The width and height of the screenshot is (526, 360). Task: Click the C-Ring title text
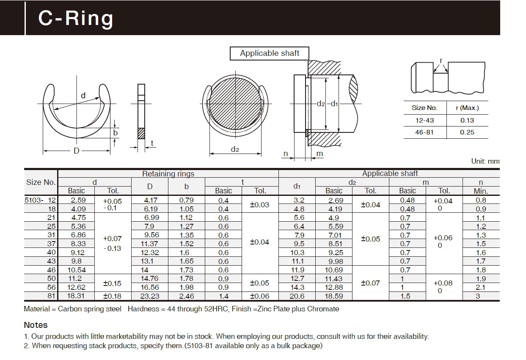76,18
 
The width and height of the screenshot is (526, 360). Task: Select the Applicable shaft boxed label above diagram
270,53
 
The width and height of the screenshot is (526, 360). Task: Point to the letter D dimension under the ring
77,151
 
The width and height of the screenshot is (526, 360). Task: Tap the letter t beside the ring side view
152,143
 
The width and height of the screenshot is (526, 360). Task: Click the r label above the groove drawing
441,60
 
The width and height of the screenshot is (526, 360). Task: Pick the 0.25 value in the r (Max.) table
467,132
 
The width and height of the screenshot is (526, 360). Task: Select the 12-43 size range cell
424,121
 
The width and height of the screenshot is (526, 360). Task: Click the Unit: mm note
485,161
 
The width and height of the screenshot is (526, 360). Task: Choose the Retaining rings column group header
168,173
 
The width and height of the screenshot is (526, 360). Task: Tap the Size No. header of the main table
41,182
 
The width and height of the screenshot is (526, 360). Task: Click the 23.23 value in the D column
150,296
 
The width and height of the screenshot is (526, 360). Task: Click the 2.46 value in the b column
186,296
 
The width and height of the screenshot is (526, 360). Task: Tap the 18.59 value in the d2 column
333,296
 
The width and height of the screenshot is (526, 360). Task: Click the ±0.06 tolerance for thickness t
259,296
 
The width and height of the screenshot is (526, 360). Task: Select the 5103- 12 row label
40,201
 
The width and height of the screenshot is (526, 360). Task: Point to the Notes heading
36,325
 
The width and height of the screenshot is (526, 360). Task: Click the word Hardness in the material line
143,309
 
